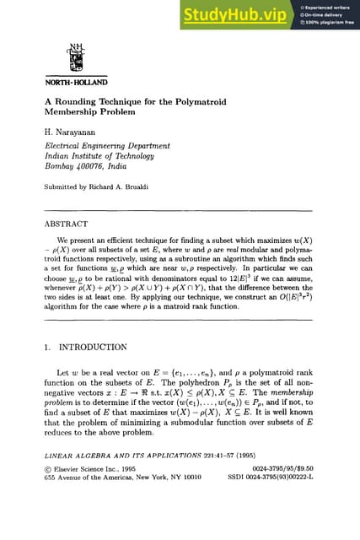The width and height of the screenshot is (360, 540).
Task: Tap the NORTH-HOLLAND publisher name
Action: (76, 83)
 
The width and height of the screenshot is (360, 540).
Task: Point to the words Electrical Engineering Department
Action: (98, 145)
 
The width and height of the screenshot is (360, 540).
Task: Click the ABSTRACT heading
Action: (66, 224)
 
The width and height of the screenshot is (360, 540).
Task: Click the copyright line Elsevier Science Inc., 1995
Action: (93, 494)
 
